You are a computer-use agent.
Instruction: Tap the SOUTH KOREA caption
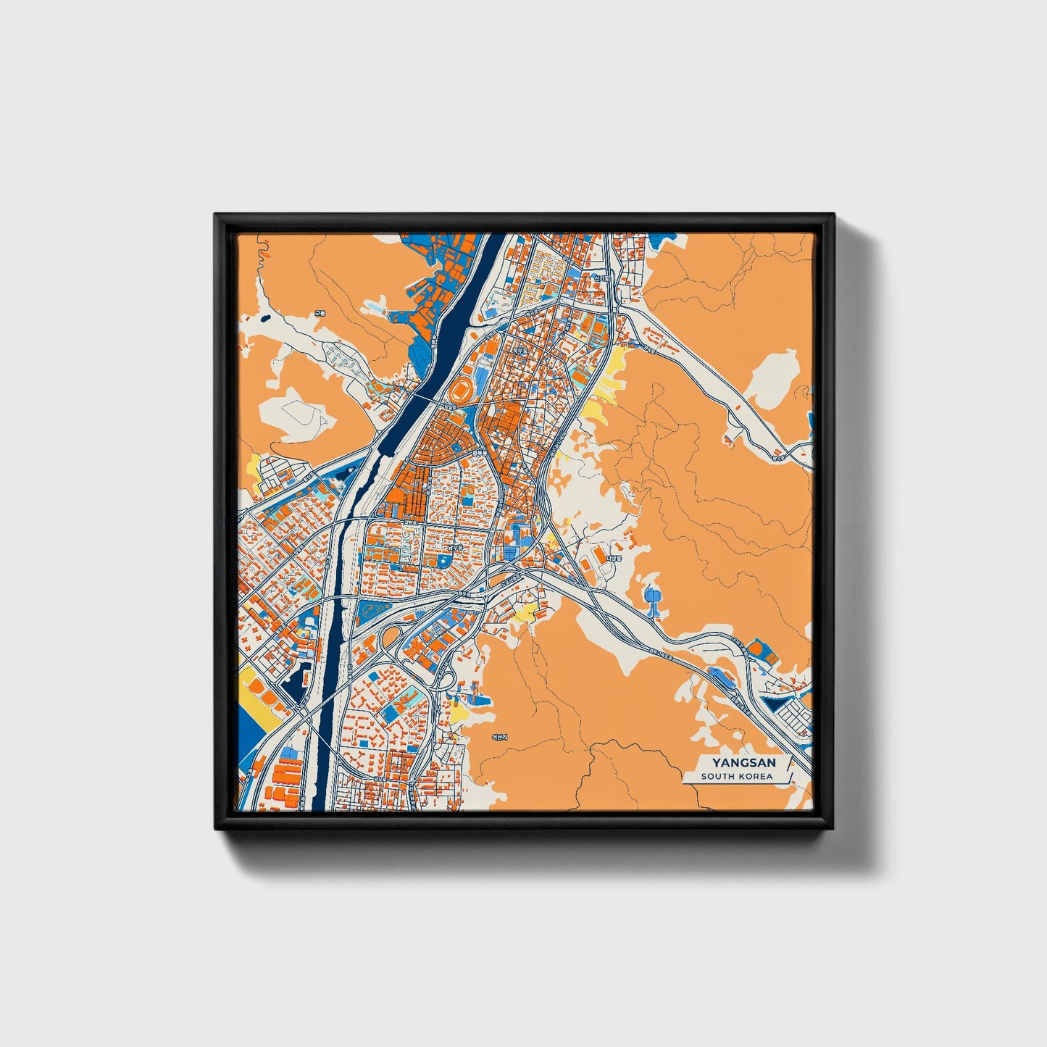coord(736,777)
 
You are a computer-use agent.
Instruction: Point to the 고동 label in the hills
coord(320,313)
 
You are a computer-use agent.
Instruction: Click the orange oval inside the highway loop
coord(392,638)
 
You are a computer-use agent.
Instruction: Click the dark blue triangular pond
coord(775,701)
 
